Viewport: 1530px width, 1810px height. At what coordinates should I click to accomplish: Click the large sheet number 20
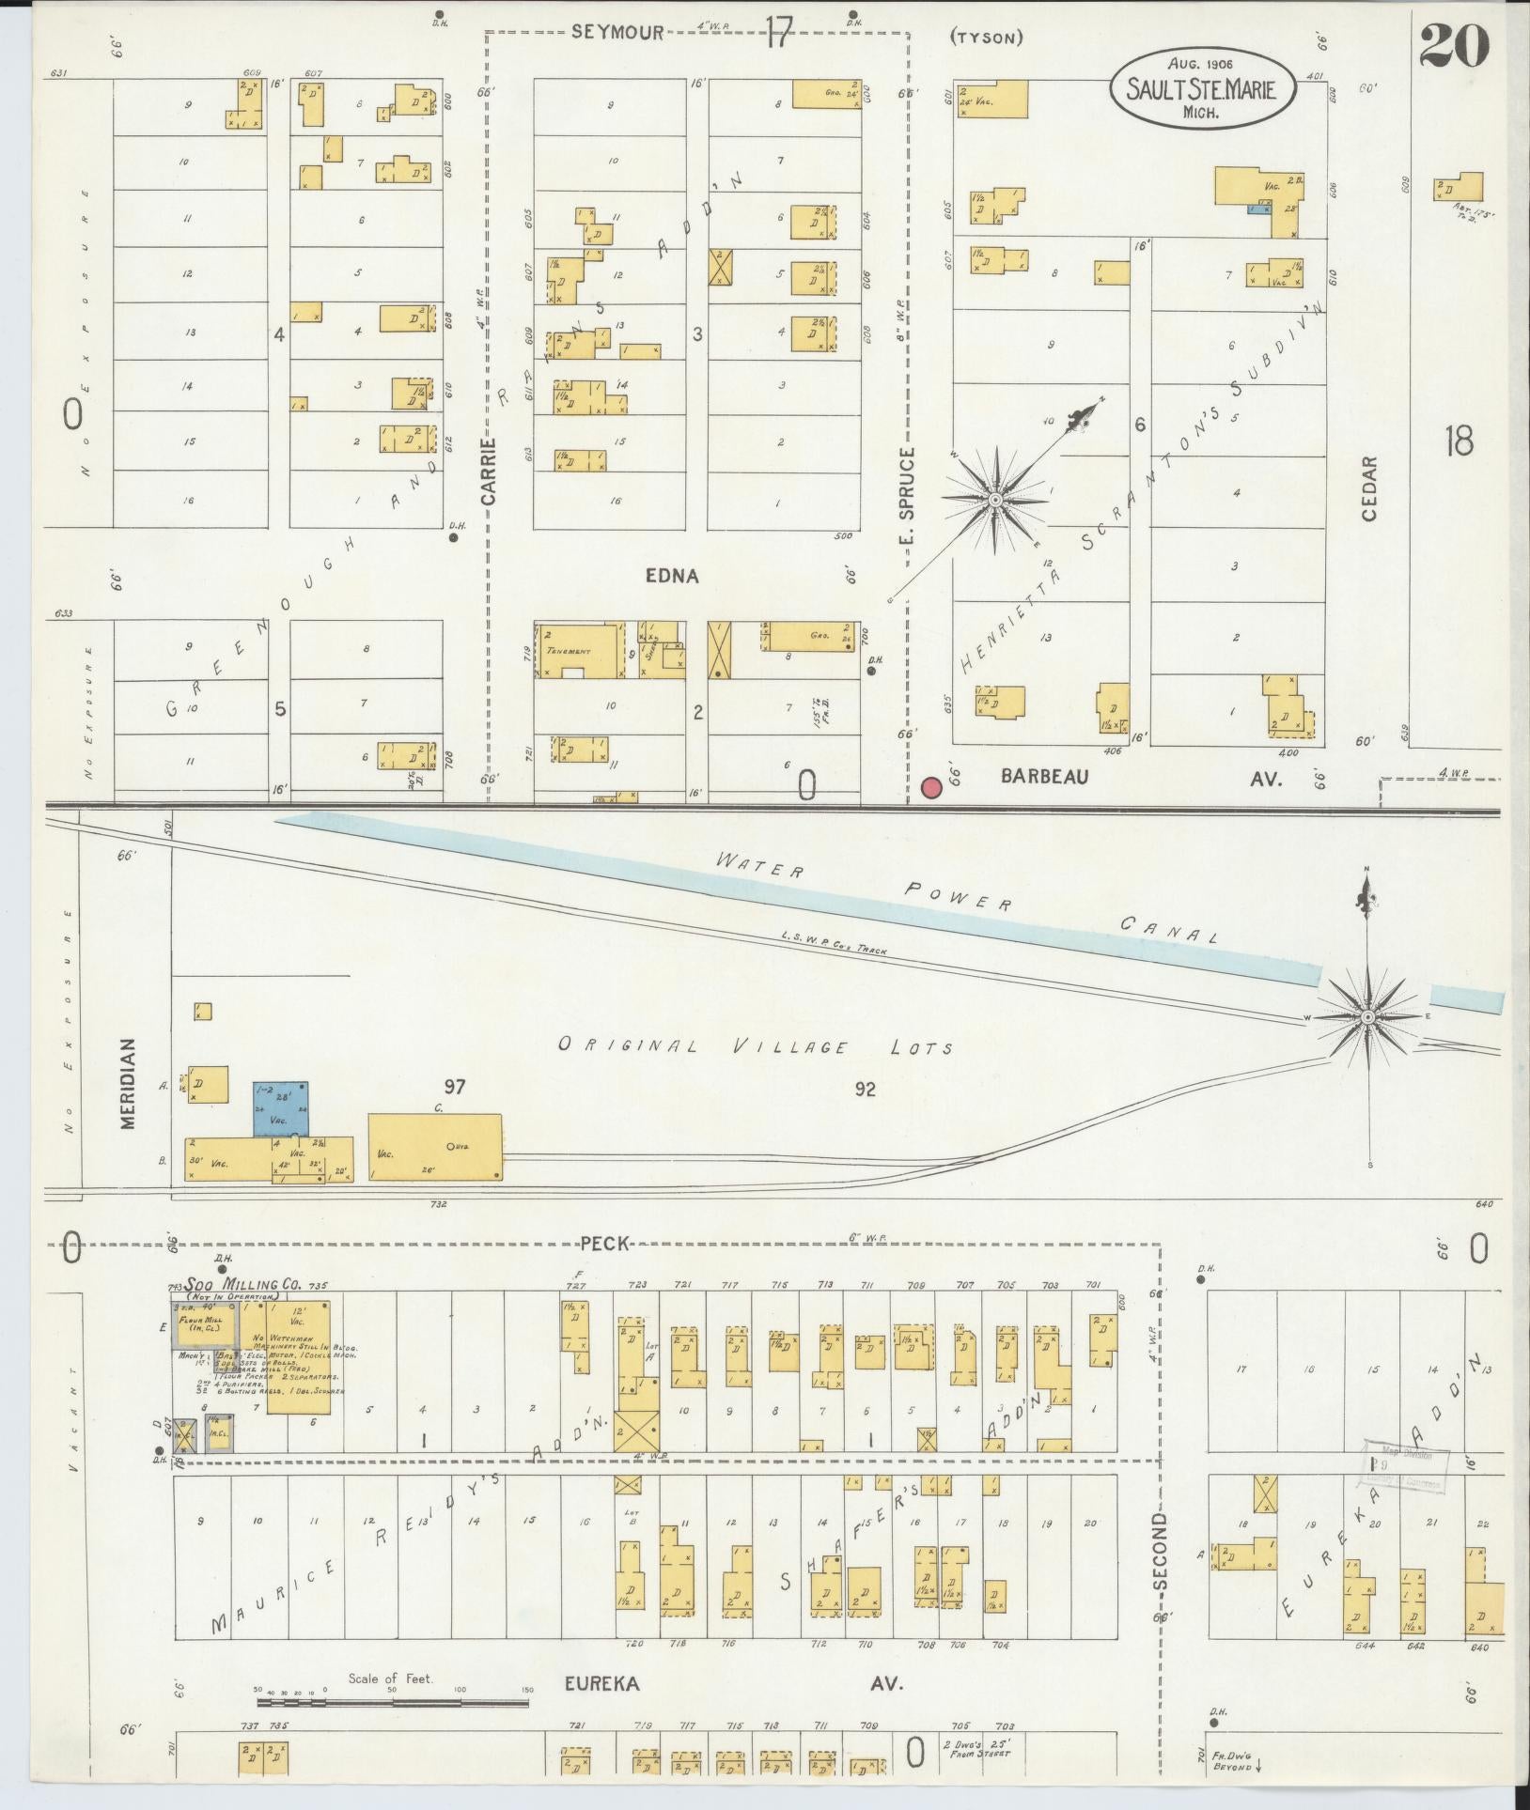pyautogui.click(x=1454, y=44)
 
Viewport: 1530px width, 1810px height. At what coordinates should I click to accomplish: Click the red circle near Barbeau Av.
pyautogui.click(x=932, y=787)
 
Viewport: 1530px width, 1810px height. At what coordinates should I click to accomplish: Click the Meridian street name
pyautogui.click(x=129, y=1095)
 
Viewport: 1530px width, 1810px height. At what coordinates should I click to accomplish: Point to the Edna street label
pyautogui.click(x=671, y=576)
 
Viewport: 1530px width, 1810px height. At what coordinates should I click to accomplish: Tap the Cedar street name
pyautogui.click(x=1368, y=488)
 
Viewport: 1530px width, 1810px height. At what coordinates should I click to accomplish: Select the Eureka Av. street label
pyautogui.click(x=733, y=1683)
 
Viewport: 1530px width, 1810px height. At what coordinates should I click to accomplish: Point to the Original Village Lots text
pyautogui.click(x=756, y=1046)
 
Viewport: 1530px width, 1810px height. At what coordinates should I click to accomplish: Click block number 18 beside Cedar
pyautogui.click(x=1459, y=440)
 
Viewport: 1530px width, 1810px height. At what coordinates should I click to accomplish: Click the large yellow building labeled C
pyautogui.click(x=434, y=1148)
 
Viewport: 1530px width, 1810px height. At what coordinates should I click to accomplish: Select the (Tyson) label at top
pyautogui.click(x=986, y=38)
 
